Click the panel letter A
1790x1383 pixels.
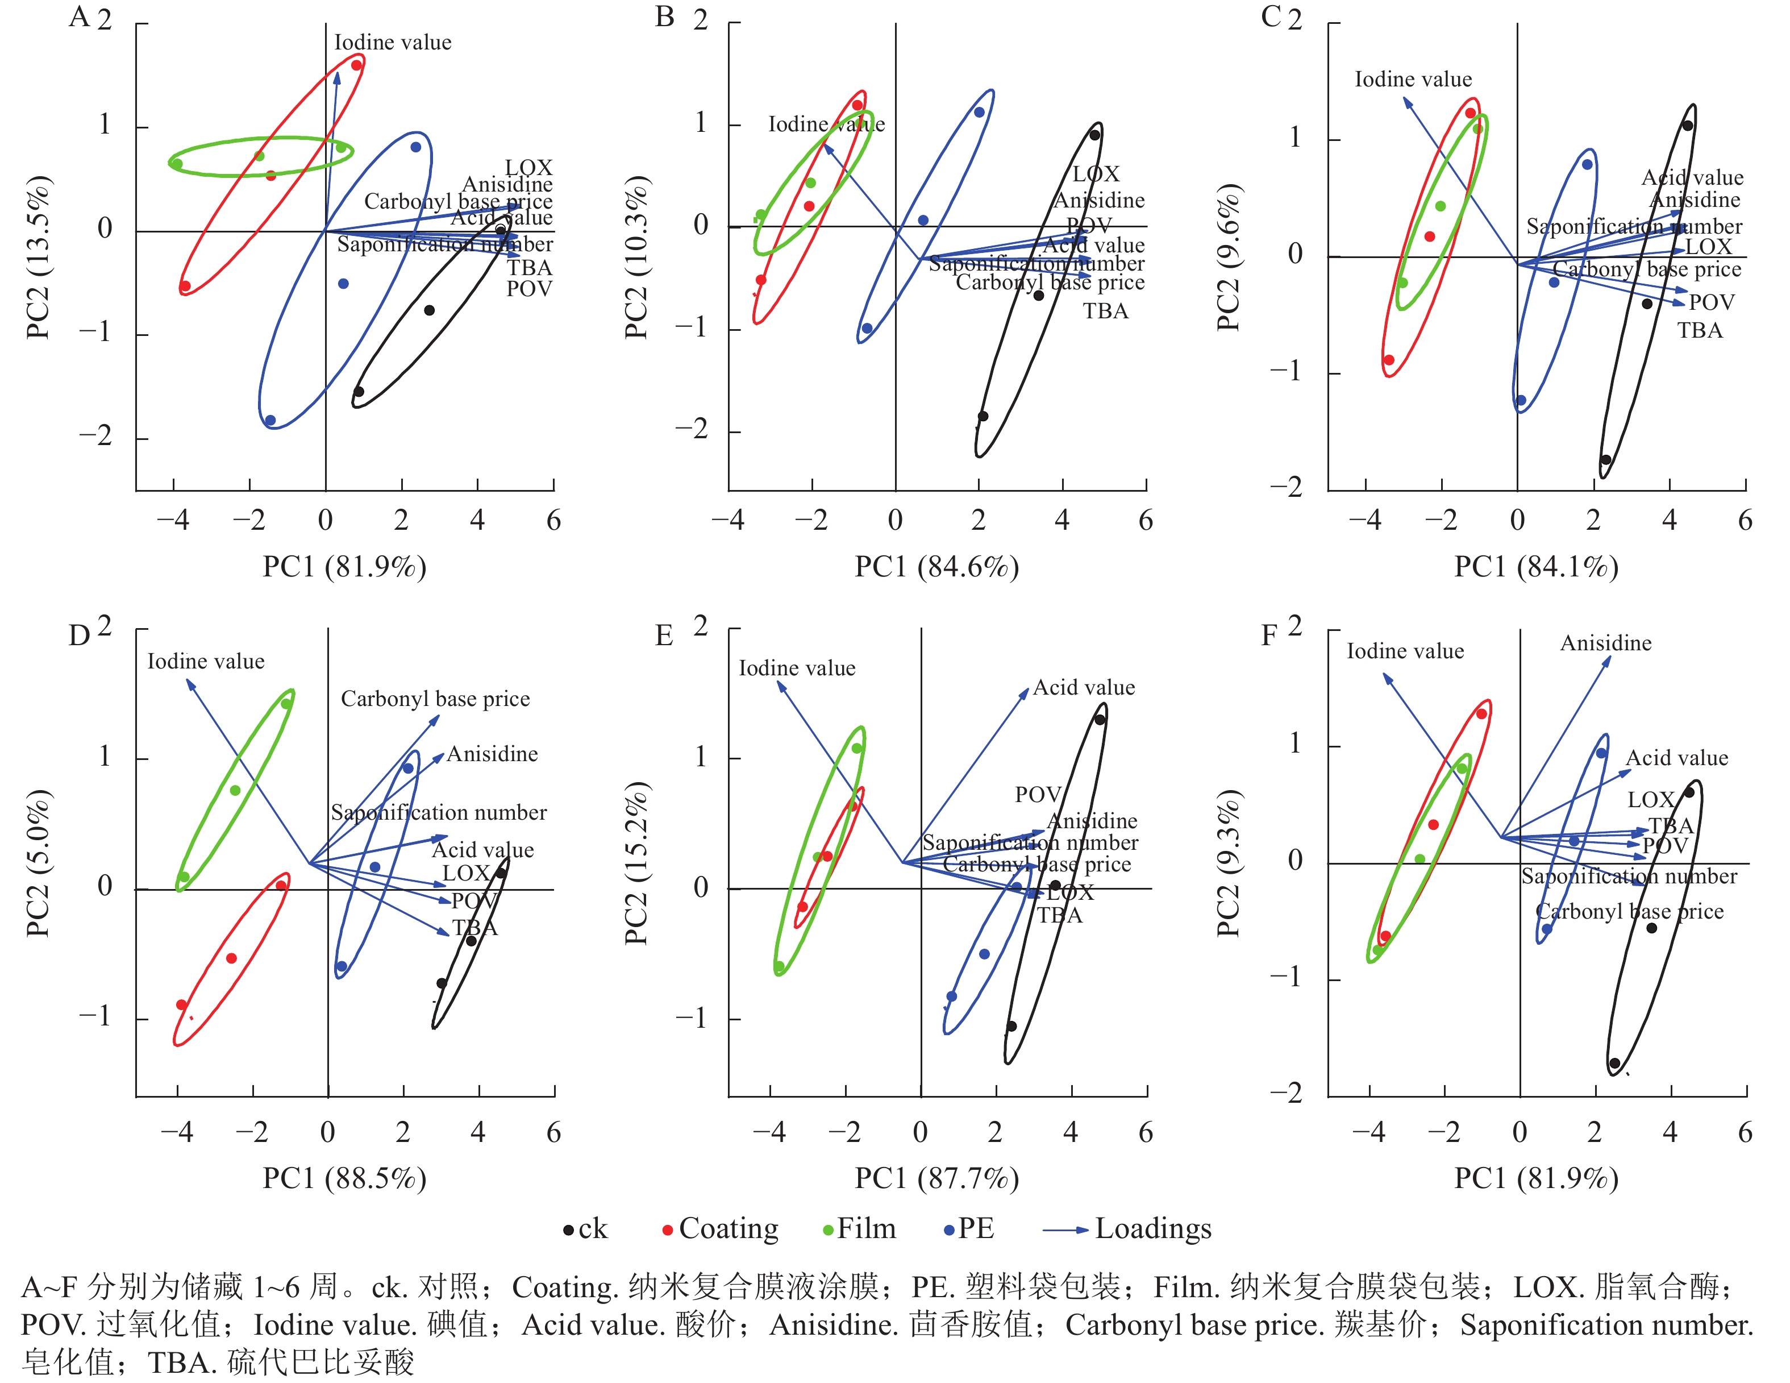tap(78, 16)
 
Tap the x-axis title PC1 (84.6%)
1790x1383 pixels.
tap(937, 567)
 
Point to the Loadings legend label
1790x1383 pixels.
tap(1152, 1229)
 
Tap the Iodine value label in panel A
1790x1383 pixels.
tap(393, 43)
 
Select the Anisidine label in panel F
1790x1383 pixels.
tap(1605, 643)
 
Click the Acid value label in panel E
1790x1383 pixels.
tap(1084, 688)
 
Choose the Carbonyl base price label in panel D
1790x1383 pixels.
tap(435, 699)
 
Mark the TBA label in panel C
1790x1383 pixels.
tap(1699, 331)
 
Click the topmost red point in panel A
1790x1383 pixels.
tap(356, 65)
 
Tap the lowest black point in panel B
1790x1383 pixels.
tap(983, 417)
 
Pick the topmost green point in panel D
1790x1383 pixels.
tap(286, 703)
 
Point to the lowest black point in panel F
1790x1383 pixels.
tap(1614, 1064)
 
